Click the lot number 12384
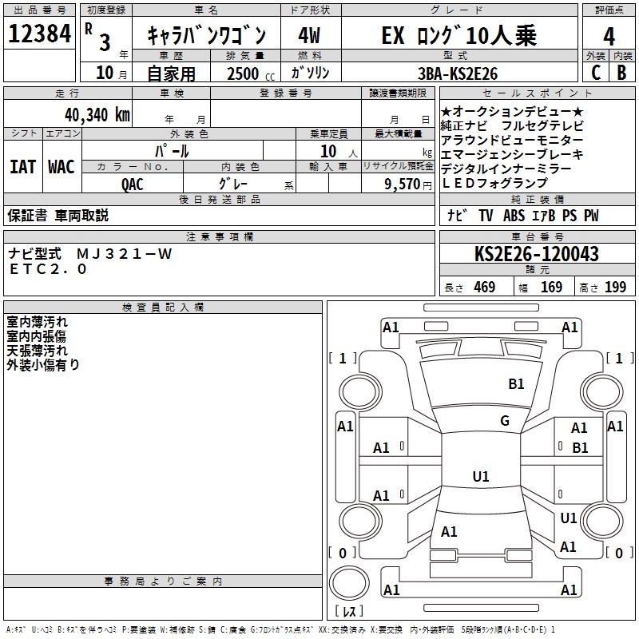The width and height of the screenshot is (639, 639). click(x=39, y=34)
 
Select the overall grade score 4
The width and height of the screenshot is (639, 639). click(x=609, y=36)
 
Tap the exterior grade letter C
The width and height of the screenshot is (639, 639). click(x=596, y=73)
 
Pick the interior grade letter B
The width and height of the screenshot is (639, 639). click(x=621, y=73)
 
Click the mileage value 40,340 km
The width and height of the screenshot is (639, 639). click(x=97, y=115)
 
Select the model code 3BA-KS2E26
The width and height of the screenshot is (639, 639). click(x=458, y=73)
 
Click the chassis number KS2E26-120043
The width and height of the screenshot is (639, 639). click(x=537, y=254)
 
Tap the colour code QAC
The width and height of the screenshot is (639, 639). click(x=132, y=185)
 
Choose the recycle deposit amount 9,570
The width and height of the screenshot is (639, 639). click(x=403, y=185)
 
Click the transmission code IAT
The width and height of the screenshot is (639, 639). click(x=23, y=167)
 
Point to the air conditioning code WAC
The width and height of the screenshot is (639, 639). click(x=62, y=167)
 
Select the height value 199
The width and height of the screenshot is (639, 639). click(x=615, y=288)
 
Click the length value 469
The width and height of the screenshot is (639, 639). click(x=485, y=288)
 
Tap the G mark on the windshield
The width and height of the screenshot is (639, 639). click(x=505, y=421)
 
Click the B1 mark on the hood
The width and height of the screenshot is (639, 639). click(x=516, y=384)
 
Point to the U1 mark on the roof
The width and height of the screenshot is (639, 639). click(x=481, y=476)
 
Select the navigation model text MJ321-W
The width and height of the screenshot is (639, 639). click(x=125, y=254)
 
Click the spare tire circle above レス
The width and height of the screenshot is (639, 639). click(x=349, y=583)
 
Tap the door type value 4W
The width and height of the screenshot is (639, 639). click(x=309, y=35)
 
